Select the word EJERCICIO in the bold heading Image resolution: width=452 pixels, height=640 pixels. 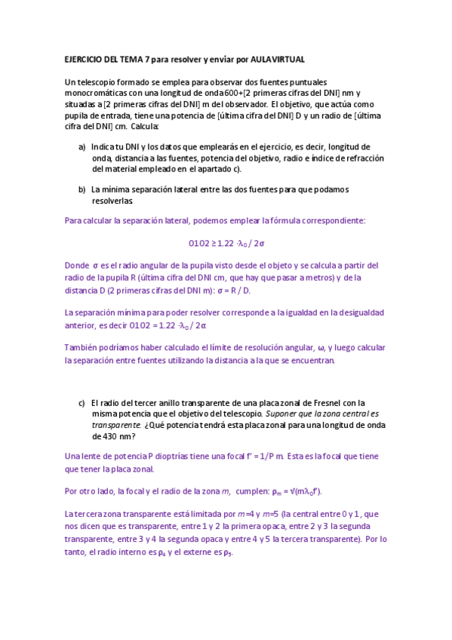point(86,59)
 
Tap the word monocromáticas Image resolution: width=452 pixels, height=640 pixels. point(99,94)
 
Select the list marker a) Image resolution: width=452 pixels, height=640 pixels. point(81,147)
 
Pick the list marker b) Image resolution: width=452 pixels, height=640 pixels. point(81,189)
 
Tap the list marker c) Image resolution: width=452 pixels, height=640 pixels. point(81,403)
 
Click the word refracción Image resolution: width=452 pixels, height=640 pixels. point(341,158)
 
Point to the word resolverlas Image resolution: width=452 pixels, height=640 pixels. point(112,202)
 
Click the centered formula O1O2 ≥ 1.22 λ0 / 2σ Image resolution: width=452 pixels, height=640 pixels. point(226,243)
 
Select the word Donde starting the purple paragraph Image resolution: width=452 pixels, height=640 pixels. point(77,266)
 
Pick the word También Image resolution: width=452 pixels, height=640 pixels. point(81,347)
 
